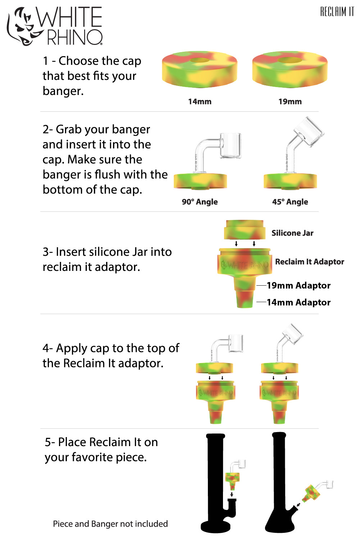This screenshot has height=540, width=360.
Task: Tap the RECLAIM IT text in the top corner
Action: point(337,12)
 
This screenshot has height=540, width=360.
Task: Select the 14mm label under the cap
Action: point(200,102)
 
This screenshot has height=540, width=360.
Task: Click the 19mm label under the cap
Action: point(290,102)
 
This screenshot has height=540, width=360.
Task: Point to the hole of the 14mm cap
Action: point(200,60)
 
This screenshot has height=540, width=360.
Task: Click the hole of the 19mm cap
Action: point(290,60)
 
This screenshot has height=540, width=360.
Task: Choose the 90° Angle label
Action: point(200,202)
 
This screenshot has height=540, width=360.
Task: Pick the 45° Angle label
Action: point(290,202)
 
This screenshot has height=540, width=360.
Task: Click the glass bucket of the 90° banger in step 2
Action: point(230,146)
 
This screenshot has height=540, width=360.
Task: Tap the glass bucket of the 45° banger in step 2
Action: point(309,132)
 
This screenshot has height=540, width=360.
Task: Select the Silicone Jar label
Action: point(292,233)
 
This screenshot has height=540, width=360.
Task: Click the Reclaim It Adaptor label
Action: point(309,262)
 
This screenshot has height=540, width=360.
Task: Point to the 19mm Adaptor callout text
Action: point(299,286)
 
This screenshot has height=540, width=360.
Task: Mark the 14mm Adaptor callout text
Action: point(299,303)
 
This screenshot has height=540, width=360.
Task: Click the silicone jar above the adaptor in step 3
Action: point(244,230)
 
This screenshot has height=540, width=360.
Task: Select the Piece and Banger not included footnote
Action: point(110,524)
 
